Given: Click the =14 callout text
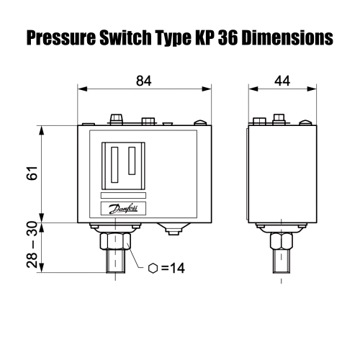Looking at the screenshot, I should tap(174, 269).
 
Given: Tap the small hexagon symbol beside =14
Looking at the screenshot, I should tap(153, 269).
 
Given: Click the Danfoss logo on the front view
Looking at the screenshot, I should tap(122, 209).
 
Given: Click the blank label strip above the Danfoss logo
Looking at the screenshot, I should tap(122, 195).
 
